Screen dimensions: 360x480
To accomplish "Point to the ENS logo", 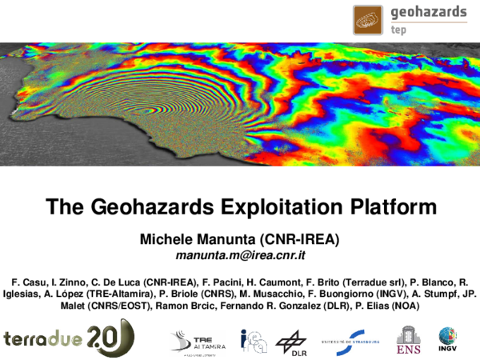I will pos(409,339).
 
